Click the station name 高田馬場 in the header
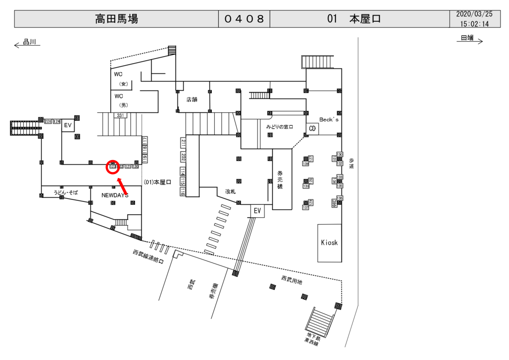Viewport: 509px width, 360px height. (116, 19)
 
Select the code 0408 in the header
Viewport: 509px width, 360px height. (244, 19)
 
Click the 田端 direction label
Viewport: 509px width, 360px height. (467, 38)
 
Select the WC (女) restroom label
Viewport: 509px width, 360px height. (119, 79)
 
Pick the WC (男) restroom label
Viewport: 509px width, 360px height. (119, 100)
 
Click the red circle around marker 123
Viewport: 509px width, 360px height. (113, 167)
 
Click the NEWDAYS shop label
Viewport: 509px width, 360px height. (115, 195)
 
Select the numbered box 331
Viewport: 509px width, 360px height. (120, 115)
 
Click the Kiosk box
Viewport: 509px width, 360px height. (330, 243)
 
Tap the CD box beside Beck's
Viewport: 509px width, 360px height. (312, 128)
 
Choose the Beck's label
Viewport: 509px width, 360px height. (329, 120)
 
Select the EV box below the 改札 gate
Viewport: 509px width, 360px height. (257, 211)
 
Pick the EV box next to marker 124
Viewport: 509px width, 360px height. (68, 126)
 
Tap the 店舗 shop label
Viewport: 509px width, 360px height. (192, 99)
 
